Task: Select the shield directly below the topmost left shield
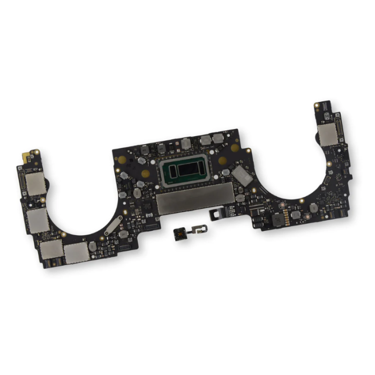(39, 220)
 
